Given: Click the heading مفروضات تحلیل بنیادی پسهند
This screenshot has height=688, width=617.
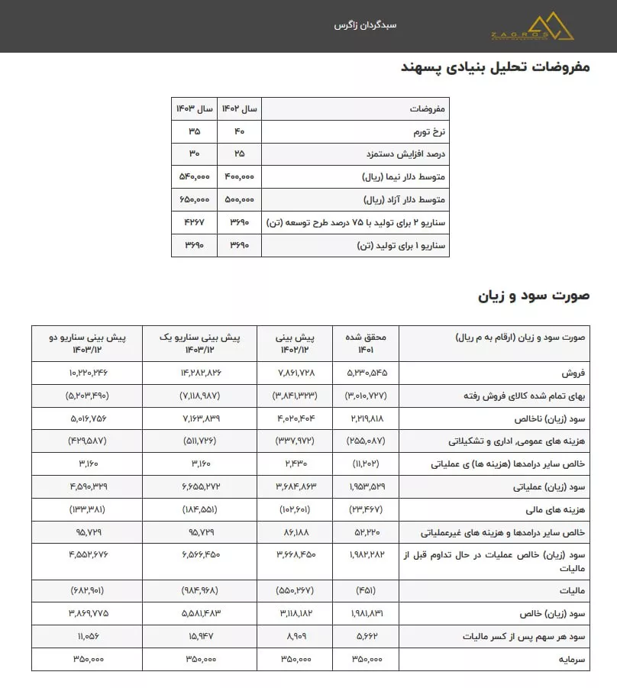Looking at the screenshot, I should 496,67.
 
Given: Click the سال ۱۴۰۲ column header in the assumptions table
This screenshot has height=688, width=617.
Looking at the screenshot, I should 240,108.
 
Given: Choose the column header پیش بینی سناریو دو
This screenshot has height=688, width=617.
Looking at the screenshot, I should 87,343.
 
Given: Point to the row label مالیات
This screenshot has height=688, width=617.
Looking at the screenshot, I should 571,590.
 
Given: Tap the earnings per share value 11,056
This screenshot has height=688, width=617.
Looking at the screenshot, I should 87,636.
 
